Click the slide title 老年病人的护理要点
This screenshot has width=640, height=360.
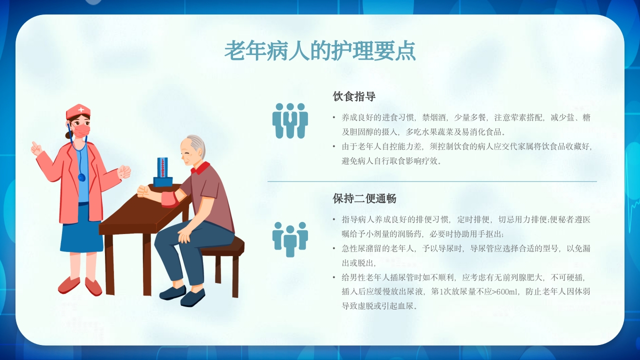(320, 50)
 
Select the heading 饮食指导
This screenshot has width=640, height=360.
(354, 96)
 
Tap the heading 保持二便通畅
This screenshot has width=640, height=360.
(364, 198)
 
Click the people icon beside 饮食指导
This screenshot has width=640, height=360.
(290, 120)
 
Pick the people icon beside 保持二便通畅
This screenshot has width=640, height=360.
(290, 238)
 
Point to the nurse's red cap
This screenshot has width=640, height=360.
(78, 110)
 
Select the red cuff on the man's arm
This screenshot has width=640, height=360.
(169, 199)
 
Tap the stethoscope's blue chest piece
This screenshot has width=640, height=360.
(81, 177)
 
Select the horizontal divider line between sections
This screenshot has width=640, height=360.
(432, 181)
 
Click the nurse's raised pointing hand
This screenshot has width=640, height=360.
(36, 148)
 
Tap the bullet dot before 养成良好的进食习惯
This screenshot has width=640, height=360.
(334, 117)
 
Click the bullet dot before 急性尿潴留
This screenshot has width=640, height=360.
(334, 248)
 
